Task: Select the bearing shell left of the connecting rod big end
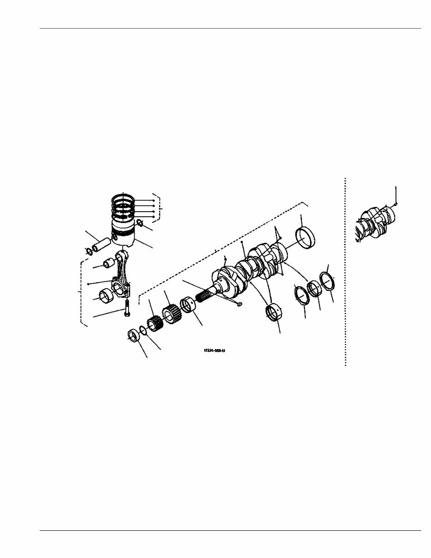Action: [x=106, y=296]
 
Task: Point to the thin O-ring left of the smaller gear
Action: [x=143, y=330]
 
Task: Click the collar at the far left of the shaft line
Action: [x=133, y=335]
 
